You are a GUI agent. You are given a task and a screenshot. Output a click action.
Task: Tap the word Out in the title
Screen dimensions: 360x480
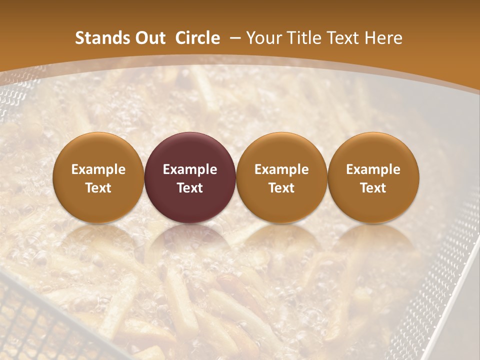point(148,38)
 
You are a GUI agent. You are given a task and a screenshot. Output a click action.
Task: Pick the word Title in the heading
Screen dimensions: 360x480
point(306,38)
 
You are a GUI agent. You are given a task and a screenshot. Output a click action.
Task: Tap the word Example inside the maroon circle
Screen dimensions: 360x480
point(190,169)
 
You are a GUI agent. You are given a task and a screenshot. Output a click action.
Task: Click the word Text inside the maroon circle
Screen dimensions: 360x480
point(190,188)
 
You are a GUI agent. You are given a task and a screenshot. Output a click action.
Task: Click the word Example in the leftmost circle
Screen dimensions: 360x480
point(98,169)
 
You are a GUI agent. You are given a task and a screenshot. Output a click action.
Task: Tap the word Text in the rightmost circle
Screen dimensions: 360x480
point(373,188)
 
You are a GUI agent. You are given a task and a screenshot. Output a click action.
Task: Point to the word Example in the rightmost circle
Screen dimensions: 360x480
point(373,169)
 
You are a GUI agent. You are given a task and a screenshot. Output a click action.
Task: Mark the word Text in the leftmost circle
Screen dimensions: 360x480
point(98,188)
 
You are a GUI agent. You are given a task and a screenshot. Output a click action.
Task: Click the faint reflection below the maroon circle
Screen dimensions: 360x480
point(190,240)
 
